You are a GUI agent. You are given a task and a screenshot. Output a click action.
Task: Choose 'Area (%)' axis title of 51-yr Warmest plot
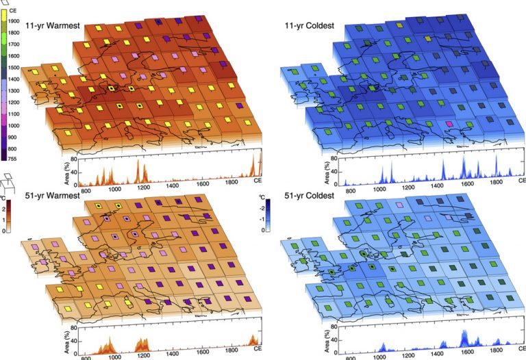67,340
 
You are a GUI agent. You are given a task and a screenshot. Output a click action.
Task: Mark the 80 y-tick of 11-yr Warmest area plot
75,159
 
